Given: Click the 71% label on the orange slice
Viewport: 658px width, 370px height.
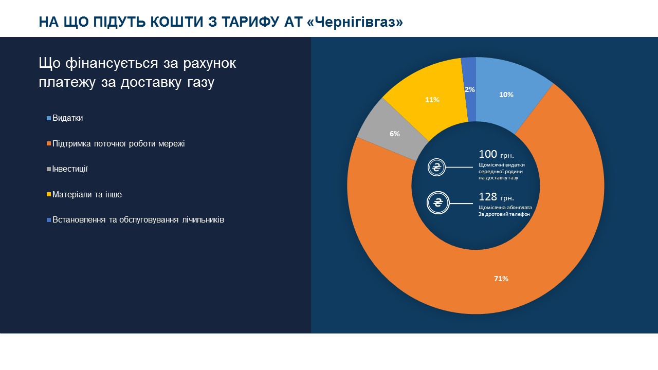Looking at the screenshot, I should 501,279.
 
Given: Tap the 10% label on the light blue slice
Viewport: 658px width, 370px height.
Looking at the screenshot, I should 506,95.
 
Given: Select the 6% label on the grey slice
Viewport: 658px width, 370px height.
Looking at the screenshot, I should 394,134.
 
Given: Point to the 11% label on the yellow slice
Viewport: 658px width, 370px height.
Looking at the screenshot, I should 432,100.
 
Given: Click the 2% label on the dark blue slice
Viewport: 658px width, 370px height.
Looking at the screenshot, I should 469,89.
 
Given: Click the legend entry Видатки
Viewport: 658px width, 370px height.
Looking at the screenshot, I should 67,118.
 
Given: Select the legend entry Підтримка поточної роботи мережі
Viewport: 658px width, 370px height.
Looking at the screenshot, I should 118,144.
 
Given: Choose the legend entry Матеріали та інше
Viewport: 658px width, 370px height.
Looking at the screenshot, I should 87,195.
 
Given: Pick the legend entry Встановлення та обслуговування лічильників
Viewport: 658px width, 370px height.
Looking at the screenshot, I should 138,220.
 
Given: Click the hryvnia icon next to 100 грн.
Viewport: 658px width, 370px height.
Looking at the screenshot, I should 437,168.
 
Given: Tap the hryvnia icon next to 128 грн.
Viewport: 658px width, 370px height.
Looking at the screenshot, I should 438,203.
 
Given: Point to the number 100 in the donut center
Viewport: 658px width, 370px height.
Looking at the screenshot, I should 488,154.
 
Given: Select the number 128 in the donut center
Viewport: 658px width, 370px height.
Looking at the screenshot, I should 488,196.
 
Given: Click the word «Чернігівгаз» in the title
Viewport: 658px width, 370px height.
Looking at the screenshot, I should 358,22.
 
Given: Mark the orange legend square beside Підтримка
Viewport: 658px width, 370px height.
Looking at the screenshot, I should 49,144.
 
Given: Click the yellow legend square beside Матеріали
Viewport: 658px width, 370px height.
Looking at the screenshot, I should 49,195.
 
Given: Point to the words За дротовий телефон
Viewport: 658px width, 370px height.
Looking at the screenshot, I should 504,214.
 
